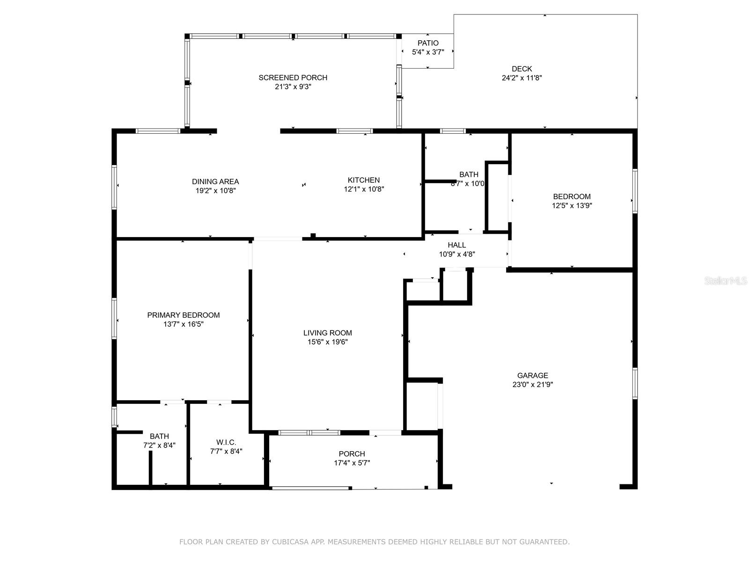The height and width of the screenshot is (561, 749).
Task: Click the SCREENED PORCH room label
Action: point(293,78)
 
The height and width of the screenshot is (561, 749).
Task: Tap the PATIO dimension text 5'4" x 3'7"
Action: point(428,52)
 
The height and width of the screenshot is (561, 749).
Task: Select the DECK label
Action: point(521,69)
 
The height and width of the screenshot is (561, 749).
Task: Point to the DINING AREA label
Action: point(215,181)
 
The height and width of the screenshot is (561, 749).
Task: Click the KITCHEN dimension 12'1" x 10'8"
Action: point(364,189)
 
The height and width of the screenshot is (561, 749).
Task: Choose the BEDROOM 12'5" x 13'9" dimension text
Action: point(572,205)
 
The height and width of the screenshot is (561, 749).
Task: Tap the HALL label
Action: point(456,245)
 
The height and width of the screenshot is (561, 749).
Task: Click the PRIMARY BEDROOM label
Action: point(183,315)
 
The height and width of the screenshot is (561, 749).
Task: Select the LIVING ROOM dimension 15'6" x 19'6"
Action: point(327,342)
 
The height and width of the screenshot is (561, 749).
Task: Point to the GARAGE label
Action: point(532,375)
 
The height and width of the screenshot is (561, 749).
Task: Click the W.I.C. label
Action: point(226,442)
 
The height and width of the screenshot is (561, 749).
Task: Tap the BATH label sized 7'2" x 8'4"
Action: point(159,437)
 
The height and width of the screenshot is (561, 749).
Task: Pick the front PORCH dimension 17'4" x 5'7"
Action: point(352,463)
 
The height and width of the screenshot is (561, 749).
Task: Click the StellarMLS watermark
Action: point(726,281)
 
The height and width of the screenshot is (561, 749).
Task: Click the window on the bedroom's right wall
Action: point(635,191)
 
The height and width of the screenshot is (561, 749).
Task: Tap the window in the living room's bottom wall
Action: point(309,432)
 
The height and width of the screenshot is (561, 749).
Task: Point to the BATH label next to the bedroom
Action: point(469,174)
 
